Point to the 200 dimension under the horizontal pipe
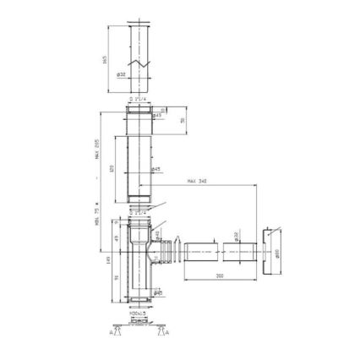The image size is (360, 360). coord(218,275)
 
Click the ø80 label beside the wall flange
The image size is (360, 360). coord(277,252)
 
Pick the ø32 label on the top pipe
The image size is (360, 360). coord(121,74)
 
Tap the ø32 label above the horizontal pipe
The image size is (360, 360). coord(237,236)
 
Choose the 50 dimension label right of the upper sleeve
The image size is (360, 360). coord(183,121)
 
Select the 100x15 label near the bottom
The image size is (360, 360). coord(136,314)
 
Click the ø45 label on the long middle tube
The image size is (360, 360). coord(157,169)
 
